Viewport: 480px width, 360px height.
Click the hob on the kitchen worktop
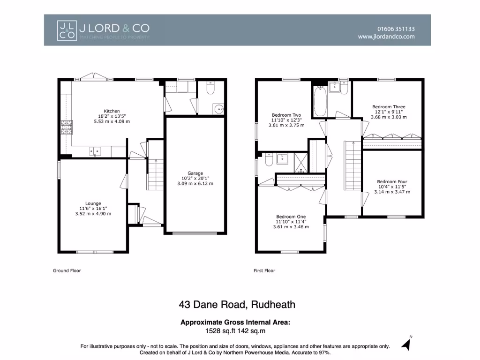tap(65, 127)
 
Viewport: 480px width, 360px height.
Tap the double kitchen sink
tap(95, 151)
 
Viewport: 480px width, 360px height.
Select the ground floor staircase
tap(154, 173)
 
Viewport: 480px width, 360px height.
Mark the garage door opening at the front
tap(195, 233)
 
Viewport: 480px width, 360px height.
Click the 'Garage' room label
tap(195, 173)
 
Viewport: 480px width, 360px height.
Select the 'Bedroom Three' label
tap(389, 107)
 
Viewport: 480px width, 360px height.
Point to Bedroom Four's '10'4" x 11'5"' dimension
tap(392, 187)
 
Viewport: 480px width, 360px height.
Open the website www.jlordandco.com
tap(386, 37)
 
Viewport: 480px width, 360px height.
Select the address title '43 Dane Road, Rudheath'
tap(237, 305)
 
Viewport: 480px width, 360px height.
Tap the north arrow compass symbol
tap(406, 344)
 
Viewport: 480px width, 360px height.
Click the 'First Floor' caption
tap(264, 270)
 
